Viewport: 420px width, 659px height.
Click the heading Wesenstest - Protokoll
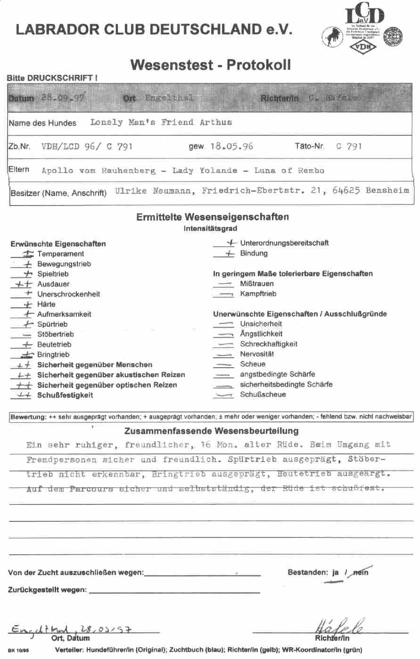(x=210, y=65)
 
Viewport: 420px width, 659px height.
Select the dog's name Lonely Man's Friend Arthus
(x=161, y=123)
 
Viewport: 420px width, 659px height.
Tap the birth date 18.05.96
(x=231, y=146)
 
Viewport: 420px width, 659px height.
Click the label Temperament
(x=60, y=254)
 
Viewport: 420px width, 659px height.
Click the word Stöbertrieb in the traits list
(x=55, y=334)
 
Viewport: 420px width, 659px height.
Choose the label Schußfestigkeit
(x=65, y=395)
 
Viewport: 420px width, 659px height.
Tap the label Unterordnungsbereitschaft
(x=284, y=243)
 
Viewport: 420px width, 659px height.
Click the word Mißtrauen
(x=256, y=284)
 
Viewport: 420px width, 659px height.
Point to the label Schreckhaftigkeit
(x=269, y=344)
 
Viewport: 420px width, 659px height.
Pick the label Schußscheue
(x=263, y=395)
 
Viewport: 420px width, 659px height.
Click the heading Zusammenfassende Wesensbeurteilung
(x=211, y=431)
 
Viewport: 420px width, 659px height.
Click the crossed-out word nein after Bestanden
(x=360, y=572)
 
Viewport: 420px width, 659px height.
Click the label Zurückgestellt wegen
(x=47, y=590)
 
